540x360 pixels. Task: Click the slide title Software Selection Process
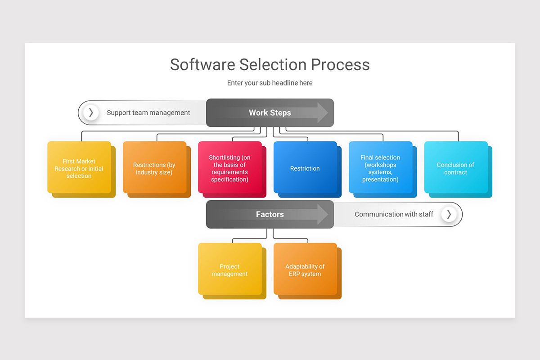[270, 64]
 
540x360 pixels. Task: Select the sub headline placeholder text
[270, 83]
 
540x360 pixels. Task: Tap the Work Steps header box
[270, 112]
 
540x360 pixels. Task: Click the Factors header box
[270, 214]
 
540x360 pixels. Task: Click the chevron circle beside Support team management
[91, 112]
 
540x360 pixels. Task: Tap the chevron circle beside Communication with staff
[449, 214]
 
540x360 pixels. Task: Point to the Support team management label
[148, 113]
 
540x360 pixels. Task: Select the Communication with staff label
[394, 215]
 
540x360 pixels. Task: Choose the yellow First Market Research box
[79, 168]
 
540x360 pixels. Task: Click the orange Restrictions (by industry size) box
[154, 168]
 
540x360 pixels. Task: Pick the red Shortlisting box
[229, 168]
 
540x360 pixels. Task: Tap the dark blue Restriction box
[305, 168]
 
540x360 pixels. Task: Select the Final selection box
[380, 168]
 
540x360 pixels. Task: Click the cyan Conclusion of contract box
[455, 168]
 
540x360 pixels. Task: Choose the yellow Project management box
[229, 270]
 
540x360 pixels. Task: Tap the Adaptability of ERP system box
[305, 270]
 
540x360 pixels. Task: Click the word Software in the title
[202, 64]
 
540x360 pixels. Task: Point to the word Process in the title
[340, 64]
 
